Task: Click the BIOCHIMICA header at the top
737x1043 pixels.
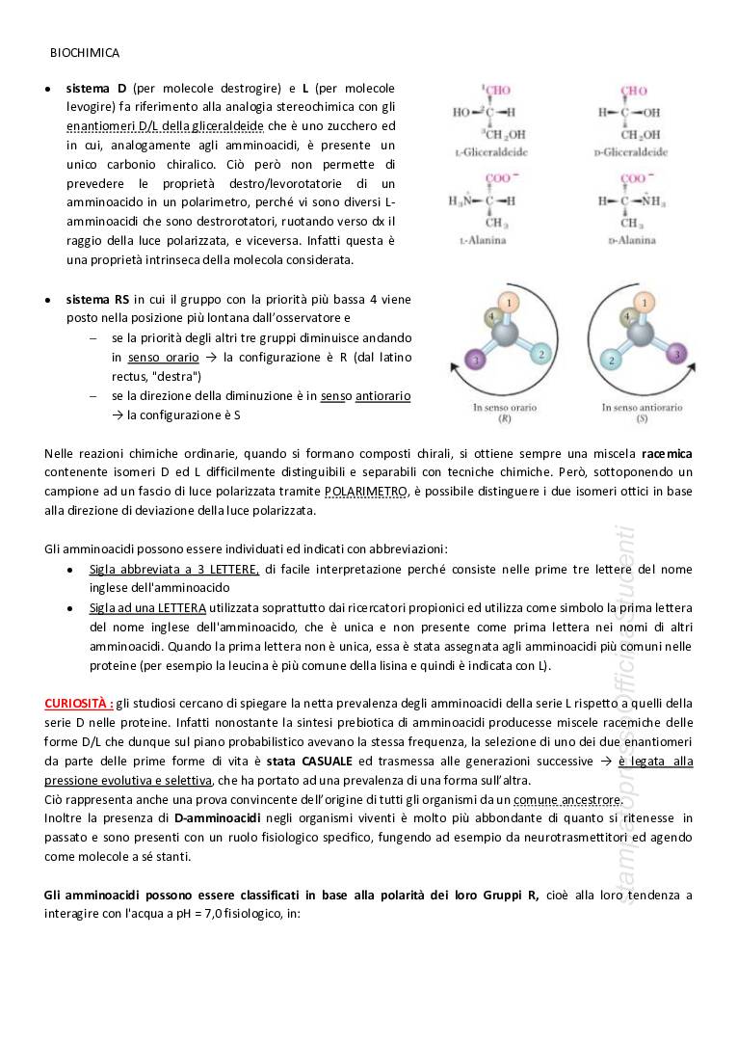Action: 85,53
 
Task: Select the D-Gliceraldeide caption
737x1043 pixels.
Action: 633,152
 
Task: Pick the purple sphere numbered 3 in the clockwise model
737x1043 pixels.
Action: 473,360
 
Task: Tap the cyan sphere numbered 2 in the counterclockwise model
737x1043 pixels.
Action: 609,360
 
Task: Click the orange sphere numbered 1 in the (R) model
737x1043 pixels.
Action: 511,303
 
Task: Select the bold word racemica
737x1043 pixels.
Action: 667,452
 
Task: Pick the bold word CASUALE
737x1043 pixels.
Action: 322,761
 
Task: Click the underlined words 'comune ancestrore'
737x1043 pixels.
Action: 567,799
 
